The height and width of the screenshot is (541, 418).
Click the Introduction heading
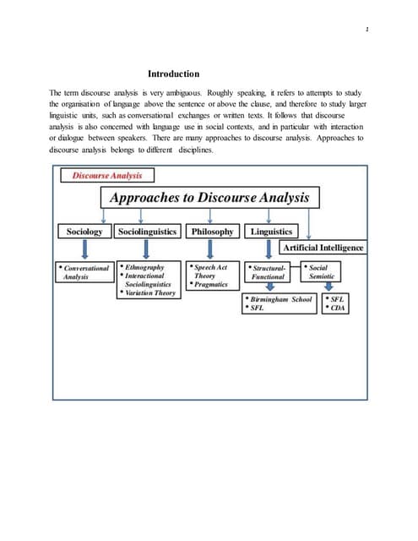(173, 74)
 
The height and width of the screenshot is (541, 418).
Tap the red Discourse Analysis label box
(107, 176)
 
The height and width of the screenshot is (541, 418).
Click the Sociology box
(84, 231)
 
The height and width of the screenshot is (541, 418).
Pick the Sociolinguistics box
(148, 231)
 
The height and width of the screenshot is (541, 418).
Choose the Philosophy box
(213, 231)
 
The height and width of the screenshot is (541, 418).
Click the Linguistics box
(271, 231)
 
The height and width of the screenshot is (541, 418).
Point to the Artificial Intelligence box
(323, 247)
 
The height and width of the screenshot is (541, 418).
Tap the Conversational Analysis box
(84, 272)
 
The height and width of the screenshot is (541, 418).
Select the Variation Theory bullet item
(149, 293)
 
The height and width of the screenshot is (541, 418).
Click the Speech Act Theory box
(210, 271)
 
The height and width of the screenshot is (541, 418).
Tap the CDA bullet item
(337, 309)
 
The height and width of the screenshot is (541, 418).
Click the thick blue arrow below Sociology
(84, 250)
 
